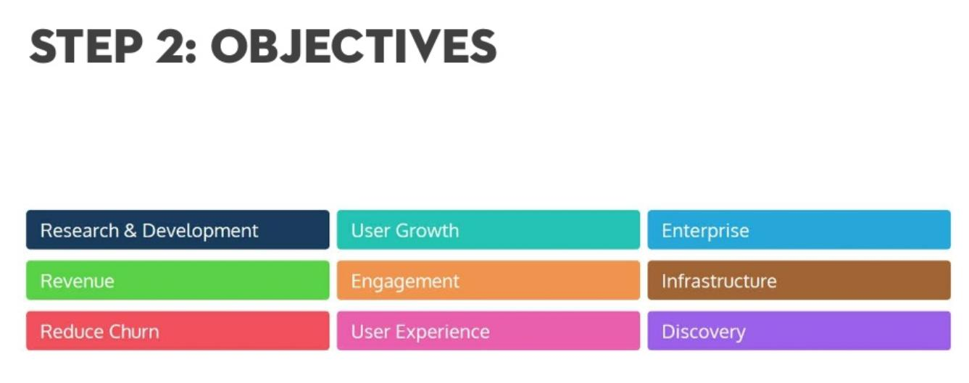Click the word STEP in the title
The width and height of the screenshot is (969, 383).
pyautogui.click(x=86, y=46)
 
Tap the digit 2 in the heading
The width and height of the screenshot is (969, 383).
pyautogui.click(x=171, y=46)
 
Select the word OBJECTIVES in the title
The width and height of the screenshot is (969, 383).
pyautogui.click(x=354, y=46)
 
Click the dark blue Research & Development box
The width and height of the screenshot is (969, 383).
pyautogui.click(x=178, y=230)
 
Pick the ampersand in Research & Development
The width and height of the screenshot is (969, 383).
pyautogui.click(x=130, y=230)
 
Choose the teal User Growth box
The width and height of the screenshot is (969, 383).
pyautogui.click(x=488, y=230)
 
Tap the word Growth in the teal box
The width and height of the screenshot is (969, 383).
pyautogui.click(x=427, y=230)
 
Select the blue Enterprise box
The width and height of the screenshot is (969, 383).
pyautogui.click(x=799, y=230)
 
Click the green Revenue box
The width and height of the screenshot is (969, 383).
pyautogui.click(x=178, y=280)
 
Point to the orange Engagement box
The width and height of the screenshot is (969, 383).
pyautogui.click(x=488, y=280)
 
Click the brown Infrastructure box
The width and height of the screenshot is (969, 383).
pyautogui.click(x=799, y=280)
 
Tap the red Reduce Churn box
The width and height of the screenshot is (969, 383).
pyautogui.click(x=178, y=331)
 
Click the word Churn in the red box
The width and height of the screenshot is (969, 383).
pyautogui.click(x=134, y=332)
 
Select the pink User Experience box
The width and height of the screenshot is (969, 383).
pyautogui.click(x=488, y=331)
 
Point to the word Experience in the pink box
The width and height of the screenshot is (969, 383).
pyautogui.click(x=443, y=332)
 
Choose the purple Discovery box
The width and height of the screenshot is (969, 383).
pyautogui.click(x=799, y=331)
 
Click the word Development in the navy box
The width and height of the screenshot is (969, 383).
pyautogui.click(x=200, y=231)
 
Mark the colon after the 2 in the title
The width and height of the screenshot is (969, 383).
pyautogui.click(x=191, y=52)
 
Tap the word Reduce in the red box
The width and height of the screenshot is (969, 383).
pyautogui.click(x=72, y=332)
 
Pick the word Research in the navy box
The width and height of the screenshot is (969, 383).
pyautogui.click(x=80, y=230)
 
